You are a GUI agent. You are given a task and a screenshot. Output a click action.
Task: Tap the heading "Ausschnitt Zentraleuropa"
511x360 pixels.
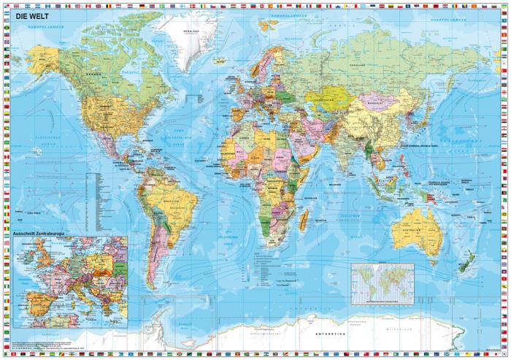(45, 234)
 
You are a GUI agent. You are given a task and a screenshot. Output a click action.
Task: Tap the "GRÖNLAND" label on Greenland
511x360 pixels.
(191, 32)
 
